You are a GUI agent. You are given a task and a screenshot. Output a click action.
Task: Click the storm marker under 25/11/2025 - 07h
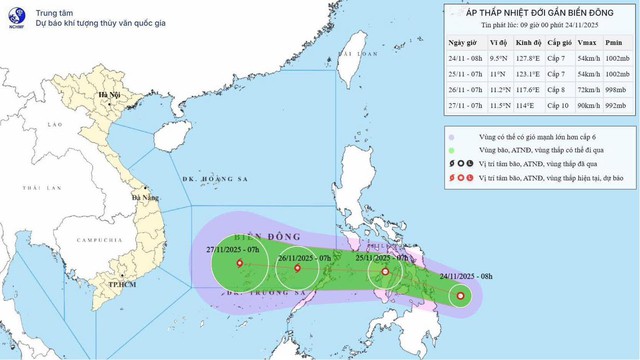pyautogui.click(x=385, y=270)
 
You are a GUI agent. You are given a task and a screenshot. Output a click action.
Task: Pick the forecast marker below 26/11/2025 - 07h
pyautogui.click(x=297, y=267)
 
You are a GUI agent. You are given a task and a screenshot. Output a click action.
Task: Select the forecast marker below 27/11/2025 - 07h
pyautogui.click(x=239, y=265)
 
